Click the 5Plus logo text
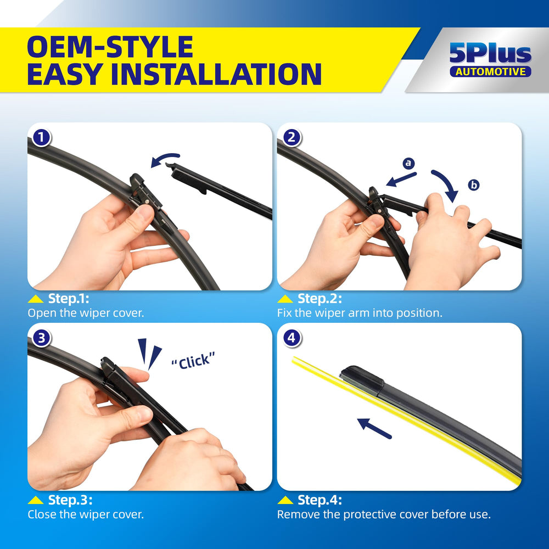coord(490,53)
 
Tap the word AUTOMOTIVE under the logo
coord(490,72)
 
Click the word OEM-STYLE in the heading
coord(110,47)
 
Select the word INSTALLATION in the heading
coord(216,74)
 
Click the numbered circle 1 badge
coord(41,138)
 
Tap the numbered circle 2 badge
coord(292,138)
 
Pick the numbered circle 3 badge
coord(41,338)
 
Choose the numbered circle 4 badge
coord(292,338)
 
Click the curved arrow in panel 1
coord(165,156)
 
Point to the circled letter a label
coord(408,163)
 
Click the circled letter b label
coord(474,184)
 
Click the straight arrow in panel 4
coord(374,429)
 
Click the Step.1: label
coord(69,299)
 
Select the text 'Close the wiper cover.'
coord(86,514)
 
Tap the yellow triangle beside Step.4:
coord(285,500)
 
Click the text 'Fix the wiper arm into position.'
coord(360,313)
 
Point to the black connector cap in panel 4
coord(362,380)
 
